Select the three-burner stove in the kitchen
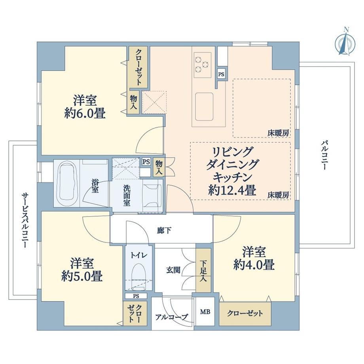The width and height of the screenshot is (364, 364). coord(203,65)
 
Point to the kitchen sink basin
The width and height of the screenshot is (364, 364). coord(204,106)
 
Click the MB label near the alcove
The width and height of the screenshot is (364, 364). coord(205,312)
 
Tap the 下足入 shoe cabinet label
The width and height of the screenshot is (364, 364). coord(203,271)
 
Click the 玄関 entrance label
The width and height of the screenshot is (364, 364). coord(173,270)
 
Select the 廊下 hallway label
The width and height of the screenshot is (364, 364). coord(164,231)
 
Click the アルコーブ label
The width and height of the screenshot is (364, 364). coord(171,317)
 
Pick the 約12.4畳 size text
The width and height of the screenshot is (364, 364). coord(232,191)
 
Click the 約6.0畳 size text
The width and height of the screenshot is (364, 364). coord(85,114)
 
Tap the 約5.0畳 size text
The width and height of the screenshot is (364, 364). coord(82,276)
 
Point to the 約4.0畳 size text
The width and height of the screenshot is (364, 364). coord(254,265)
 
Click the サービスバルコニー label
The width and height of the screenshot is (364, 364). coord(25,220)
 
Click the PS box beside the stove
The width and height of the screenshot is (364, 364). coord(221,74)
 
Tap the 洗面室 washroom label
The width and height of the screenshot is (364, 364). coord(127,195)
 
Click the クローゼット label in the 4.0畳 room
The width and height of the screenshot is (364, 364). coord(245,313)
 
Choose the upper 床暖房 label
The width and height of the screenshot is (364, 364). coord(278,133)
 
